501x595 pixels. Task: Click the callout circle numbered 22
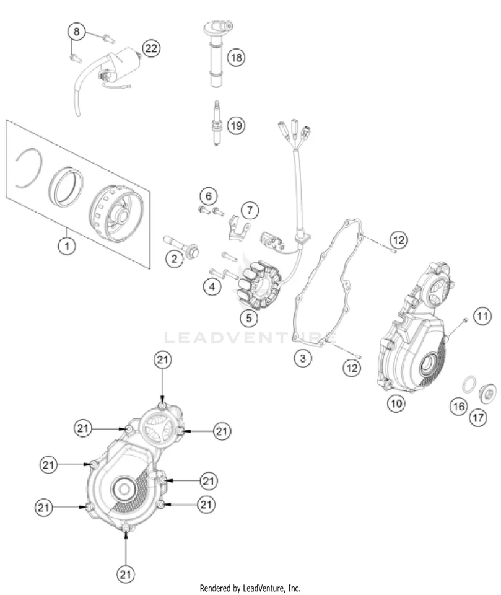pos(150,48)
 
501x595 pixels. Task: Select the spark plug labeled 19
pos(217,123)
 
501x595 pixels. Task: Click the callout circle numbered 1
pos(66,247)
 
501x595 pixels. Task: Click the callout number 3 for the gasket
pos(303,358)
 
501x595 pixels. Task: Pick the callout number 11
pos(483,317)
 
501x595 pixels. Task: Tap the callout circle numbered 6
pos(209,197)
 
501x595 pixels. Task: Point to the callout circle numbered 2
pos(174,259)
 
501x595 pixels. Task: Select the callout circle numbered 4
pos(212,286)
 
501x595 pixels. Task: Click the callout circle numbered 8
pos(76,31)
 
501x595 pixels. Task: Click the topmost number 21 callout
pos(162,361)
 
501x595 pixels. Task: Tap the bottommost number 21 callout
pos(126,573)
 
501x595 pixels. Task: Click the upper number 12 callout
pos(399,239)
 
